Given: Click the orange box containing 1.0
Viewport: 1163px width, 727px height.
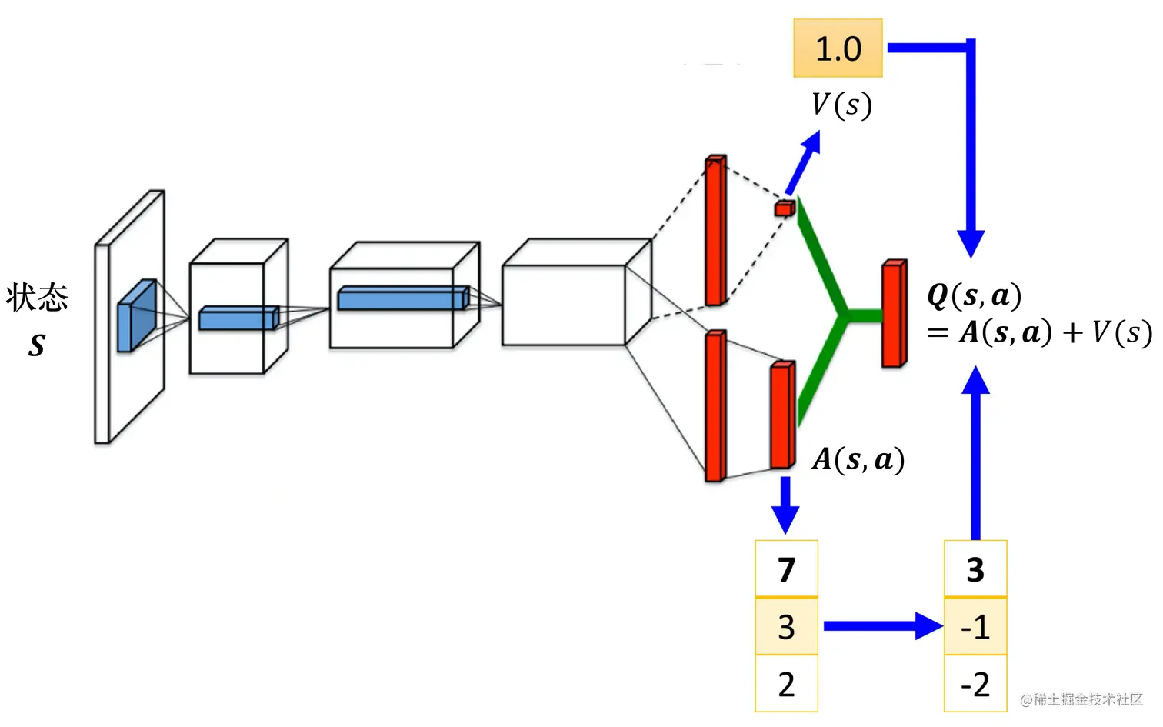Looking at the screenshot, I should (x=838, y=48).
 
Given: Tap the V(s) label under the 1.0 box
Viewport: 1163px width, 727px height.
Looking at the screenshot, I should (x=841, y=105).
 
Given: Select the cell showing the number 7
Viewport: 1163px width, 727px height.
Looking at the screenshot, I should (x=786, y=569).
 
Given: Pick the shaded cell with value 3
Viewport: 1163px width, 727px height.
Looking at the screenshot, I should (x=786, y=627).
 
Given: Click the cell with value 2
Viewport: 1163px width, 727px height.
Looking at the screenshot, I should (x=786, y=684).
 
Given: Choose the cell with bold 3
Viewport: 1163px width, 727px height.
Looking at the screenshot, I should (x=975, y=569).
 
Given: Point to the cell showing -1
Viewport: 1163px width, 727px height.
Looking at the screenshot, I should (x=975, y=627).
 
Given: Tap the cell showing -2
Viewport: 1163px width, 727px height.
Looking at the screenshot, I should (x=975, y=684).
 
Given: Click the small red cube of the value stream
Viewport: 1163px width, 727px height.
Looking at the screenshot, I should (x=784, y=208).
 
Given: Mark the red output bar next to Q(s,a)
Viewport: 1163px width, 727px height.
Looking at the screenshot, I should (x=894, y=314).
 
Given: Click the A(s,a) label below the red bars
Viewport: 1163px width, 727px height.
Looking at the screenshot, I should (x=858, y=459).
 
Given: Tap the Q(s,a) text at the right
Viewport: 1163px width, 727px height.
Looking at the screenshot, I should (x=975, y=295).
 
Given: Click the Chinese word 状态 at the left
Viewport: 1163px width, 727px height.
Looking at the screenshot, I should (x=37, y=297).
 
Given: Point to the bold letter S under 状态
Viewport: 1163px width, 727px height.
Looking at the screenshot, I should (x=36, y=345).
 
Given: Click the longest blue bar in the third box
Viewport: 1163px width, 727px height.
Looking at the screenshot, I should (x=402, y=298).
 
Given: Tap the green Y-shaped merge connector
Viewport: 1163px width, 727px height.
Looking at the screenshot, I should (x=842, y=314).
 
